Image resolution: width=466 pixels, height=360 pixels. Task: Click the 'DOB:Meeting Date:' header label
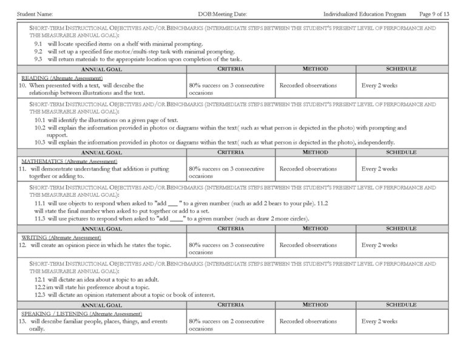click(x=223, y=13)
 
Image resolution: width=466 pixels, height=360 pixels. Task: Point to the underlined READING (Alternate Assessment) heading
click(x=62, y=78)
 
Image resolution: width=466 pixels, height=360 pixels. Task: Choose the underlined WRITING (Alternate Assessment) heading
click(x=62, y=237)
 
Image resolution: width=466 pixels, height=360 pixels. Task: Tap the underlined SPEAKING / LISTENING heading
click(x=81, y=313)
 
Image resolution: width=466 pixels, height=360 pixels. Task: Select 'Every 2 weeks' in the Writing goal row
click(x=379, y=245)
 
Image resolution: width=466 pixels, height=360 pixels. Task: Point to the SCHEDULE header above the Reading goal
click(x=401, y=69)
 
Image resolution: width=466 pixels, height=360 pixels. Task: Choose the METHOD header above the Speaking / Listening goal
click(x=315, y=305)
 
